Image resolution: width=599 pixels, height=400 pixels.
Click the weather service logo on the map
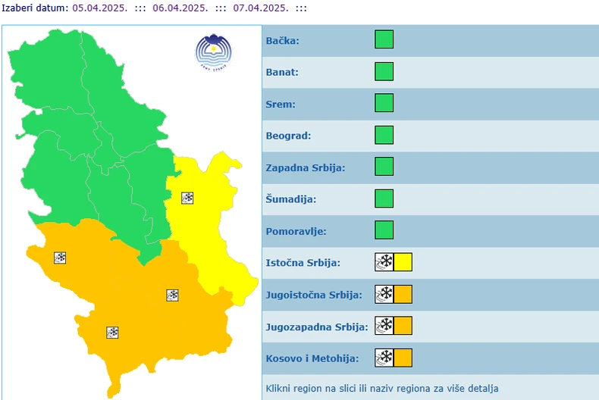213,51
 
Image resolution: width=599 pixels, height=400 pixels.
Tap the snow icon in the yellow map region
187,198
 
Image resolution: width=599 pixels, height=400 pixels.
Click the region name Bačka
282,40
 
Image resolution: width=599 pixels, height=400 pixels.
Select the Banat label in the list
282,72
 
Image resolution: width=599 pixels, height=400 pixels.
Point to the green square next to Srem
384,103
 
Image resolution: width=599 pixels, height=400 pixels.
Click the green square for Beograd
384,135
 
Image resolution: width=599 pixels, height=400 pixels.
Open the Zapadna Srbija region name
305,167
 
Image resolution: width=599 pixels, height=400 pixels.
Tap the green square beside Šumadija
384,198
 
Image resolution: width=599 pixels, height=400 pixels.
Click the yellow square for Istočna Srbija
403,262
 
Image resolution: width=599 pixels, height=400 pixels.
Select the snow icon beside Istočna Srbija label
384,262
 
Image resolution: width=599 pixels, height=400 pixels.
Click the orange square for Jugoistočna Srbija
403,294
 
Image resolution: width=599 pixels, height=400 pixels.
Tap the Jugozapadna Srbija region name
316,327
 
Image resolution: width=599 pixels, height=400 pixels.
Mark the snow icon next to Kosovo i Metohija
384,358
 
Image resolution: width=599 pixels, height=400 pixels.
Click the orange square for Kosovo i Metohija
403,358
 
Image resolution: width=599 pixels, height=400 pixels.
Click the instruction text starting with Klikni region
382,389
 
